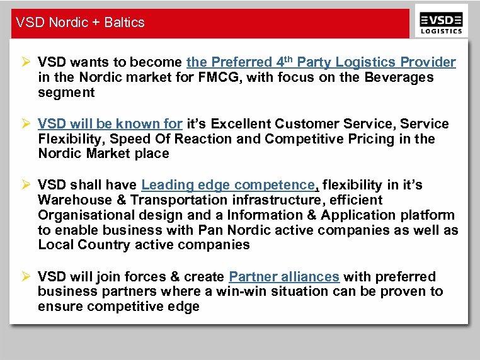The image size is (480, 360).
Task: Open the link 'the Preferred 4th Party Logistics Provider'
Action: click(321, 62)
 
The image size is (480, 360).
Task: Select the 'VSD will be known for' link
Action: click(110, 123)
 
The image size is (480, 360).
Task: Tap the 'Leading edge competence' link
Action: click(227, 185)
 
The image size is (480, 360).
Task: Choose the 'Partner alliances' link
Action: click(284, 277)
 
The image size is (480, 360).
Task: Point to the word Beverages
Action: click(393, 77)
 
